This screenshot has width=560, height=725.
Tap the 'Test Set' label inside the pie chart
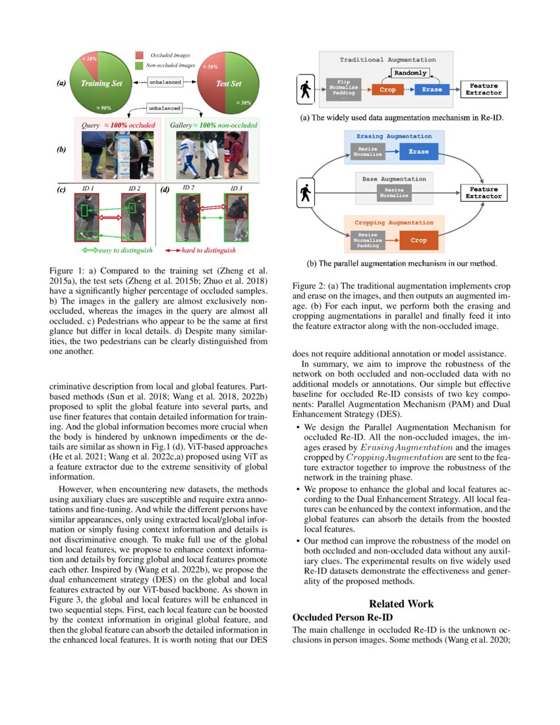pyautogui.click(x=229, y=84)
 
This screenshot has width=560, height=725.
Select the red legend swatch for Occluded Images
pyautogui.click(x=139, y=56)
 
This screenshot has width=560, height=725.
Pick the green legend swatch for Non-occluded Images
pyautogui.click(x=139, y=65)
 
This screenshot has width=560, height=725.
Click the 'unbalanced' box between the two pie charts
pyautogui.click(x=164, y=83)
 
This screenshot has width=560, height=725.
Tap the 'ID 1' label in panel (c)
pyautogui.click(x=88, y=188)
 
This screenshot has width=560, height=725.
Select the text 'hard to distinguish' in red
pyautogui.click(x=209, y=250)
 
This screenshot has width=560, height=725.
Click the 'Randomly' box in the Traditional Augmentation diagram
pyautogui.click(x=410, y=72)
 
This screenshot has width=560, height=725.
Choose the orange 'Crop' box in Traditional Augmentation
pyautogui.click(x=388, y=90)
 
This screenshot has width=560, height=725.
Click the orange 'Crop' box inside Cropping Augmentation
pyautogui.click(x=418, y=240)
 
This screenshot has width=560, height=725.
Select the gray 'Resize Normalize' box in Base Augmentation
pyautogui.click(x=394, y=193)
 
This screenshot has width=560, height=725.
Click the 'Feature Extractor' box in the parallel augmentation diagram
pyautogui.click(x=485, y=192)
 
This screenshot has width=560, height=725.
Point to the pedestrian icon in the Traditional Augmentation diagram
pyautogui.click(x=305, y=90)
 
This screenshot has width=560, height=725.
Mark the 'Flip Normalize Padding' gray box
pyautogui.click(x=344, y=89)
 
